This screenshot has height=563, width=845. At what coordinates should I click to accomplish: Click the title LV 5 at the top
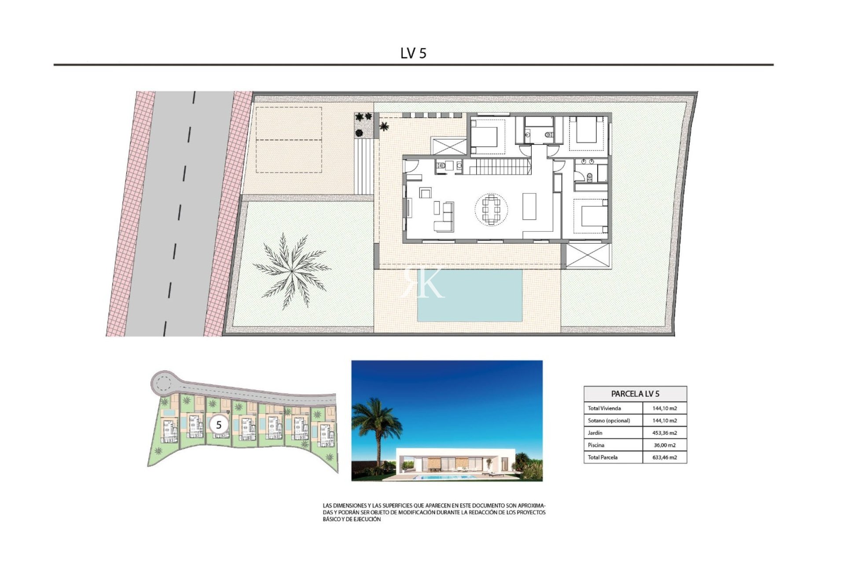[413, 53]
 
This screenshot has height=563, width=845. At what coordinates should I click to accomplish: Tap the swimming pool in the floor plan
[470, 295]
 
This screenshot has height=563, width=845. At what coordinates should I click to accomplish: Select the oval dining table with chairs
[491, 210]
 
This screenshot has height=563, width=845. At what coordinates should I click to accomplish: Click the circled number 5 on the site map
[219, 425]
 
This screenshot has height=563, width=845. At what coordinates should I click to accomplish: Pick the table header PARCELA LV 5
[635, 394]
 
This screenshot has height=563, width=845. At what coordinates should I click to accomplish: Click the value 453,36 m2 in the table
[665, 433]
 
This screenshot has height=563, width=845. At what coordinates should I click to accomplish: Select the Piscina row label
[596, 445]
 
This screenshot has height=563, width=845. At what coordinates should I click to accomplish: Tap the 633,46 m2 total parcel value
[665, 457]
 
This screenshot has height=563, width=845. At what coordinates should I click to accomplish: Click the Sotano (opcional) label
[609, 420]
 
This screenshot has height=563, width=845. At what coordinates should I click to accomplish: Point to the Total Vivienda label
[604, 408]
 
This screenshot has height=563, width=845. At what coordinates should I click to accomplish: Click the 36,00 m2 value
[665, 445]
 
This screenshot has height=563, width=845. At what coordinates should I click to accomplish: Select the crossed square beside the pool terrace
[588, 256]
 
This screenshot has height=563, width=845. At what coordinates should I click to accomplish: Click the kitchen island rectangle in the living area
[529, 206]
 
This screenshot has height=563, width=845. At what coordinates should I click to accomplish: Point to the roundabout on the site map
[163, 383]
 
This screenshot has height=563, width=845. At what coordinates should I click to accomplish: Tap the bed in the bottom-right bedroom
[592, 215]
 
